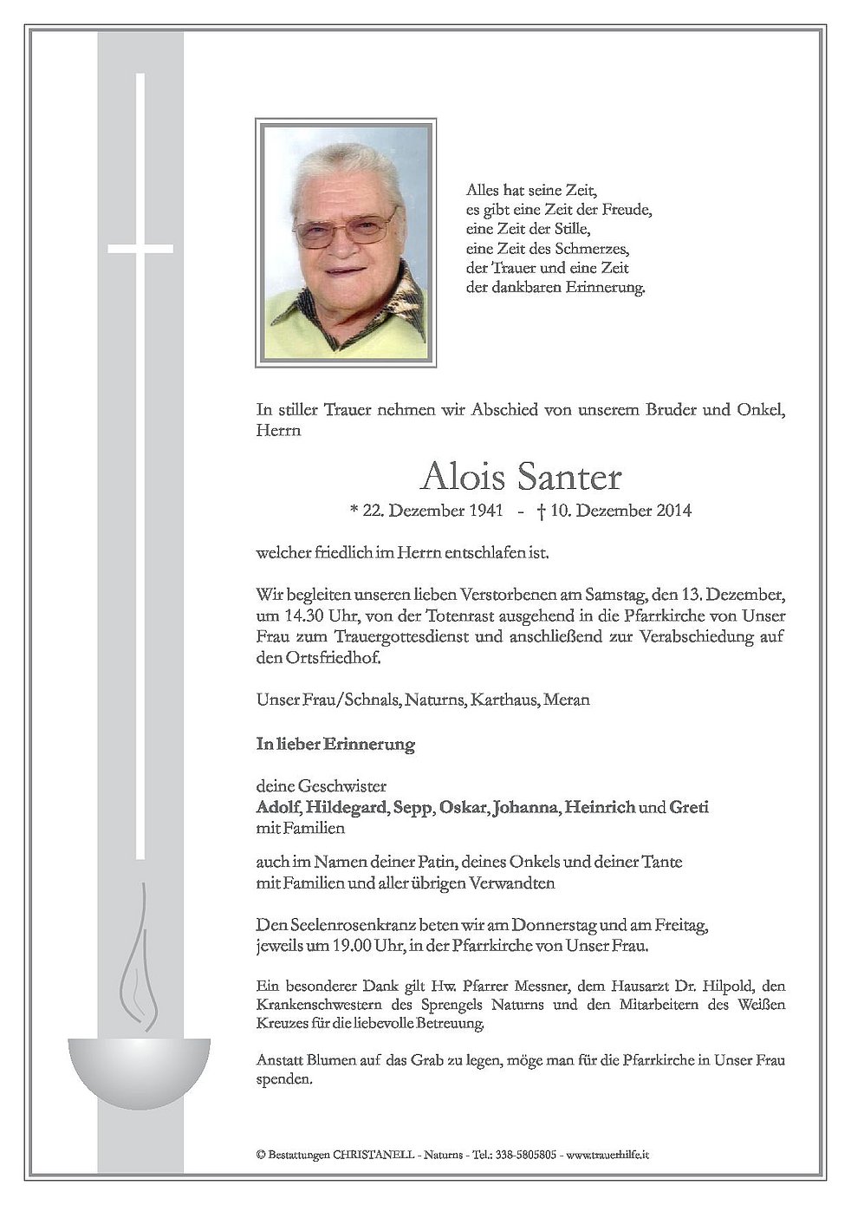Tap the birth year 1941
point(485,511)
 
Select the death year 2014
point(674,511)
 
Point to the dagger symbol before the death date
point(541,511)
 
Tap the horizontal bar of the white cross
point(140,249)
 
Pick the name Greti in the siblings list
point(689,808)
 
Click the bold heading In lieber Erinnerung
point(335,745)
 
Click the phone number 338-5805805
point(526,1156)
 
